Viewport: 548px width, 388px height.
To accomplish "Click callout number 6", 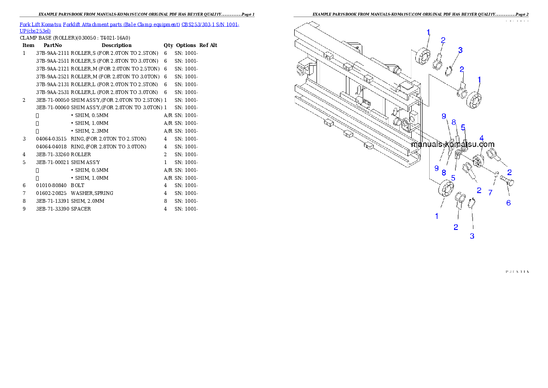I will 508,203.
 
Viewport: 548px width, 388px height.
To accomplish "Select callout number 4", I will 481,138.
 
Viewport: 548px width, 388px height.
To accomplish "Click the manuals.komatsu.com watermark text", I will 452,144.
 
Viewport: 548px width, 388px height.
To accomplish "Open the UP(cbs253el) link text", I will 35,31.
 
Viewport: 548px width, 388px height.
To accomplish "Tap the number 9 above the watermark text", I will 443,116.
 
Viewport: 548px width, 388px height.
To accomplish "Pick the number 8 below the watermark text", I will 444,172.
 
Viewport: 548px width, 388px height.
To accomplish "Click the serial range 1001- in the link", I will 233,24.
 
